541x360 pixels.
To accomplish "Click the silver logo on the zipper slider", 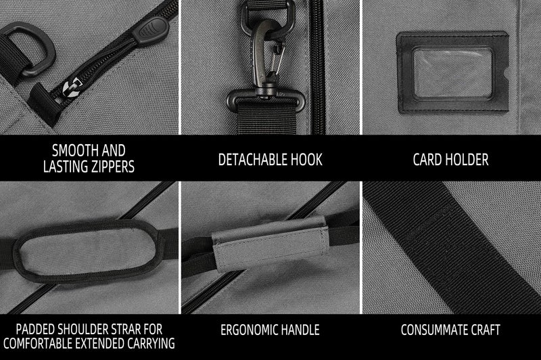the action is coord(72,89).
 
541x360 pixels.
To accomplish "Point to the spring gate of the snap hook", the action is coord(277,59).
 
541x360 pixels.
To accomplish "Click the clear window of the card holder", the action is coord(452,73).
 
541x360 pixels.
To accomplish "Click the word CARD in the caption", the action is coord(427,160).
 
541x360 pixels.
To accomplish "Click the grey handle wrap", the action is coord(270,244).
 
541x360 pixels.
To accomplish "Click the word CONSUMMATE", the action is coord(434,330).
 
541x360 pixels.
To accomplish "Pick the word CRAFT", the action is coord(486,330).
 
